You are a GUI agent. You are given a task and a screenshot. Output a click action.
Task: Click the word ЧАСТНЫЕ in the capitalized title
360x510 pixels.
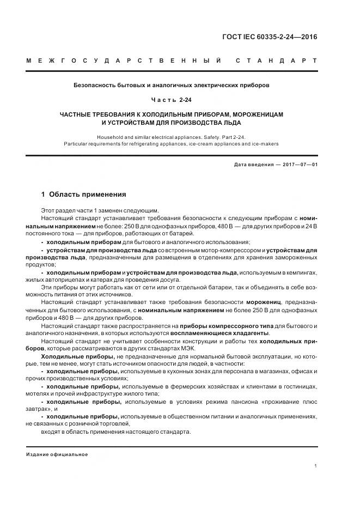tap(81, 114)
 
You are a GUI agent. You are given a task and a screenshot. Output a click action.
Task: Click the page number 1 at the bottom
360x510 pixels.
tap(316, 466)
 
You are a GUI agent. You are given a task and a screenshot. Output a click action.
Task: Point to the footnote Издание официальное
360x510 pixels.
tap(57, 454)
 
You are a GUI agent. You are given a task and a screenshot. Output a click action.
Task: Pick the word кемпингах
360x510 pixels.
tap(301, 272)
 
